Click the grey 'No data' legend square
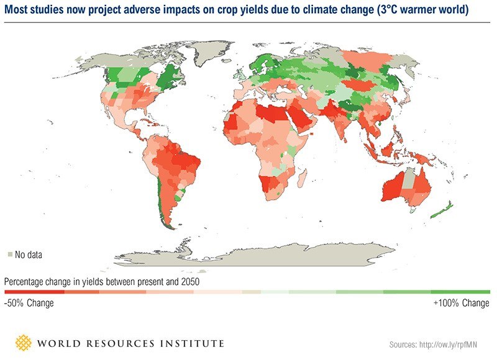tap(10, 254)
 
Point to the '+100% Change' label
tap(461, 304)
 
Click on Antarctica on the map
tap(261, 254)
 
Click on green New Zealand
tap(442, 210)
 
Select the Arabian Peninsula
tap(297, 118)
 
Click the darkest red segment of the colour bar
tap(28, 291)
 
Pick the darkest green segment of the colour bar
tap(466, 291)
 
